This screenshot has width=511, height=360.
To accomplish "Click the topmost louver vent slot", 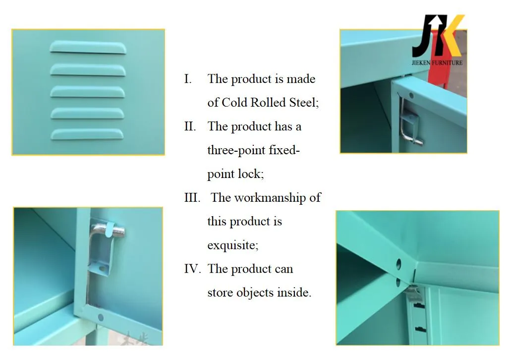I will (87, 48).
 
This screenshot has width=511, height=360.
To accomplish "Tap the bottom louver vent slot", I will (87, 134).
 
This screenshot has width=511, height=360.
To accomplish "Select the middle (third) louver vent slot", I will (87, 91).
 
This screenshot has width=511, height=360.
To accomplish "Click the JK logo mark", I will (438, 36).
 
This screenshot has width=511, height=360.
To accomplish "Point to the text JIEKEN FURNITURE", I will (437, 62).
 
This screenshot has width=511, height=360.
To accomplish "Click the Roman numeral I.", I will (188, 79).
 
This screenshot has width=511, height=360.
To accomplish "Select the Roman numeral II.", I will (190, 126).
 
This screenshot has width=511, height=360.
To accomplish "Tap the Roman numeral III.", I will (192, 198).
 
